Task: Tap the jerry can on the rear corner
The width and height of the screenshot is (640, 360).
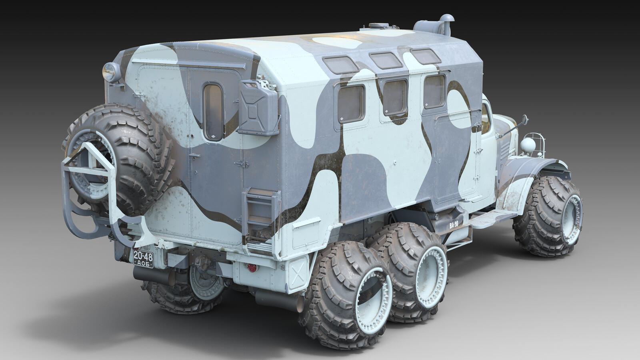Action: (258, 108)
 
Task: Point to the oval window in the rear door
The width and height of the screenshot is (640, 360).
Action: (214, 112)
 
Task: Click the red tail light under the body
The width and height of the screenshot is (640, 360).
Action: (252, 268)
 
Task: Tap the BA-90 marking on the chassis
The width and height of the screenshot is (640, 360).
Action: (454, 224)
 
